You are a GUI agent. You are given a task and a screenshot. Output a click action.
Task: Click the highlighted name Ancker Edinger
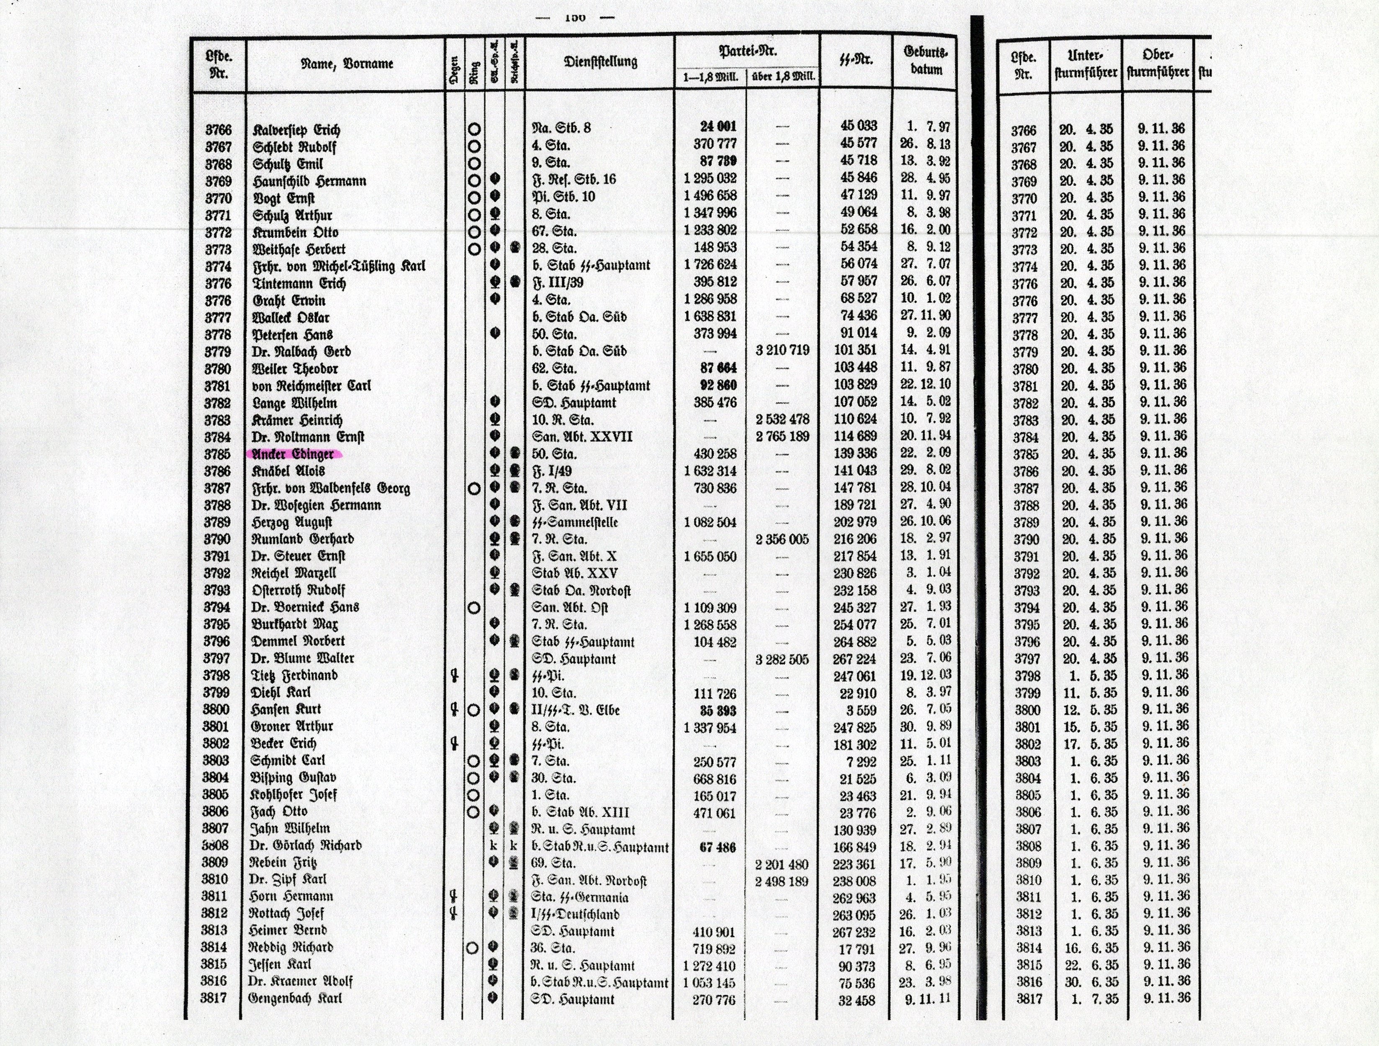click(x=293, y=453)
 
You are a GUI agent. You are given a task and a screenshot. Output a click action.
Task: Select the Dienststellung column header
click(x=600, y=61)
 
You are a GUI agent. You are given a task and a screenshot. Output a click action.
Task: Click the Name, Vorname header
click(x=347, y=63)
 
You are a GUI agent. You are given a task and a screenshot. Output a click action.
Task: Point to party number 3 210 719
click(x=782, y=350)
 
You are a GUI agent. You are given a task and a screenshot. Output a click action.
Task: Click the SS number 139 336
click(x=855, y=453)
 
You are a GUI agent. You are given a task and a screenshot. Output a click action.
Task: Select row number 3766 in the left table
click(x=218, y=130)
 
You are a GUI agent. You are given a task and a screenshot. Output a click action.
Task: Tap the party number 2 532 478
click(x=782, y=419)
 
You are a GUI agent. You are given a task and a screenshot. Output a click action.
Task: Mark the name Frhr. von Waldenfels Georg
click(x=331, y=488)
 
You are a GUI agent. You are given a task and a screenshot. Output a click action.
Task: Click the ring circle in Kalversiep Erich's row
click(x=474, y=130)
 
